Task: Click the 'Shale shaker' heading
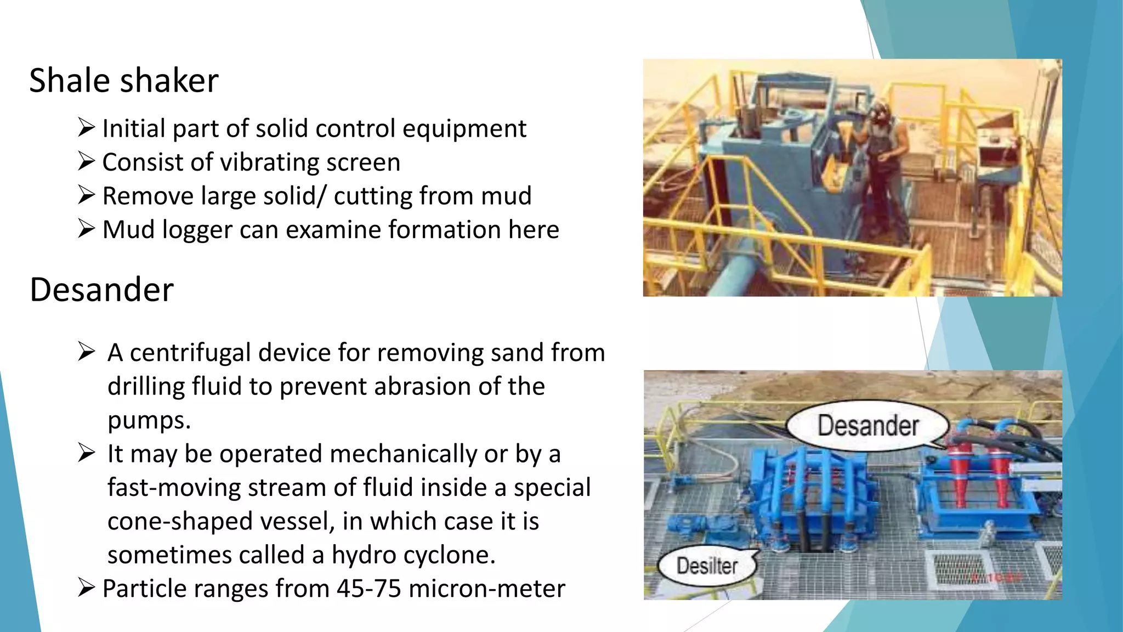click(x=124, y=81)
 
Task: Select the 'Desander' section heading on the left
click(x=101, y=290)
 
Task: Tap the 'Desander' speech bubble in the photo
click(x=867, y=426)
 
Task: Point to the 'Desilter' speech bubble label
click(x=707, y=566)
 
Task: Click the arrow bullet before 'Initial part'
click(x=87, y=128)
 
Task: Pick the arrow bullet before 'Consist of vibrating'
click(x=87, y=162)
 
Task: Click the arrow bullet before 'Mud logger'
click(x=87, y=229)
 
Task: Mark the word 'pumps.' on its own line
click(x=149, y=421)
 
